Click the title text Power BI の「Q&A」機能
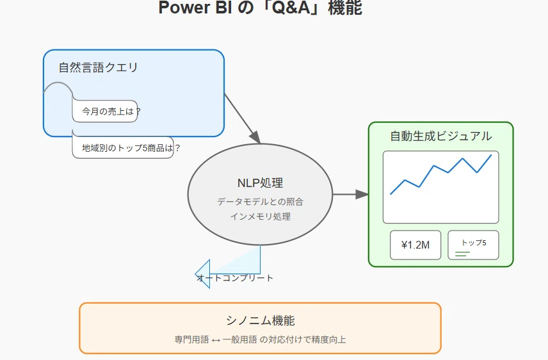click(260, 8)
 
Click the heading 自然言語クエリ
click(98, 67)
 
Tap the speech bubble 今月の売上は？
click(105, 111)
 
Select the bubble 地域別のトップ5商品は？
click(123, 147)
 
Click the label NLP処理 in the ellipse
click(260, 183)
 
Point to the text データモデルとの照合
click(260, 202)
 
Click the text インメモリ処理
click(260, 217)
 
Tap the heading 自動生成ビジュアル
click(440, 136)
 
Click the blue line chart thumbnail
click(440, 187)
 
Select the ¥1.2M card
click(415, 245)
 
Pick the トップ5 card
click(473, 245)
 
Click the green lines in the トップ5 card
click(462, 254)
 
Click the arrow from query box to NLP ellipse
click(243, 119)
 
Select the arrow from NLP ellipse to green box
click(351, 194)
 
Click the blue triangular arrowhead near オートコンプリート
click(203, 274)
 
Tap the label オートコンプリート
click(235, 278)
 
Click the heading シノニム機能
click(261, 320)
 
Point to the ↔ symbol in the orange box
click(216, 340)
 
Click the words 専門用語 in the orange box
click(191, 340)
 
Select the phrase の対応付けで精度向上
click(303, 340)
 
